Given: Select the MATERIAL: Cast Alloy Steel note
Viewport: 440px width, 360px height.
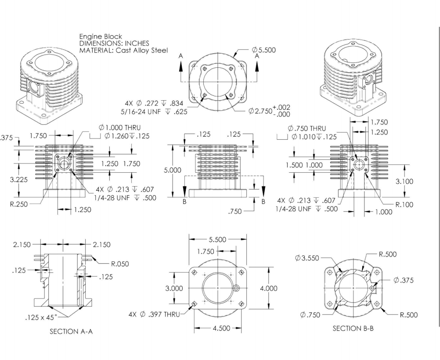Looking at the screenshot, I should click(123, 50).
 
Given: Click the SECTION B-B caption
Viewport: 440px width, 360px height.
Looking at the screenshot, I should click(353, 328).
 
